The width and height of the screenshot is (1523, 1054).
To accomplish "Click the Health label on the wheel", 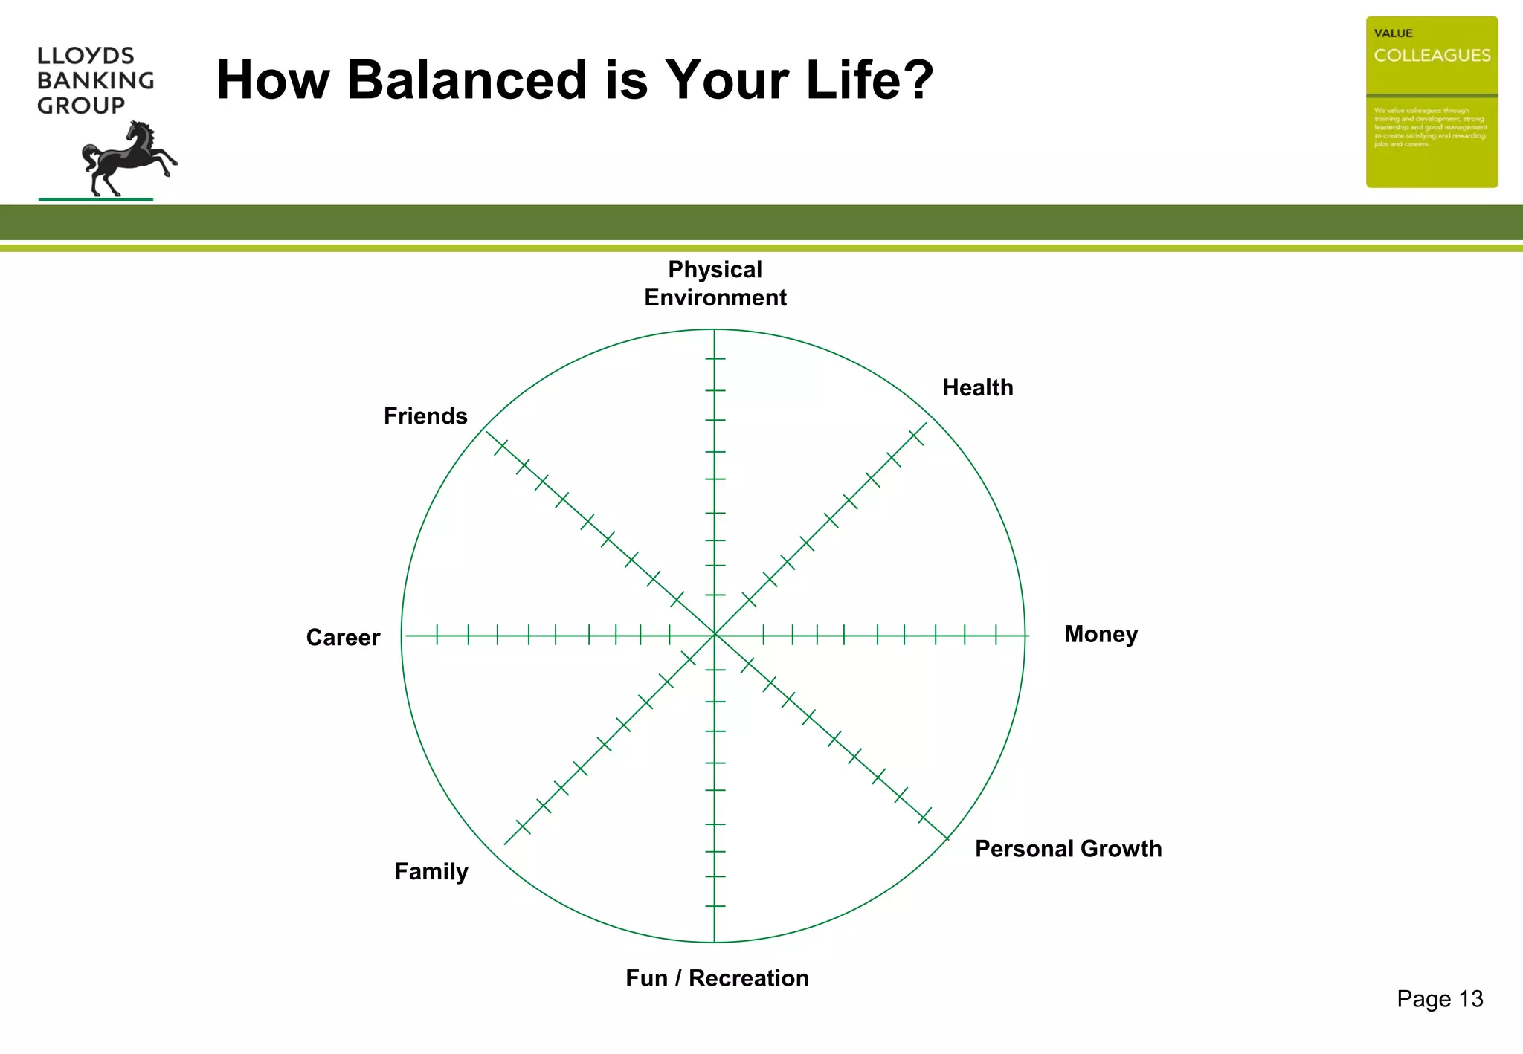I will pyautogui.click(x=977, y=388).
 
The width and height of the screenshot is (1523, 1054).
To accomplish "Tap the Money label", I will pyautogui.click(x=1101, y=634).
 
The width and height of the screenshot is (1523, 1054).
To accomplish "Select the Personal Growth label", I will pyautogui.click(x=1068, y=849).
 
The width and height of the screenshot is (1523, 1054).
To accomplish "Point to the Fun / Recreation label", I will pyautogui.click(x=717, y=978).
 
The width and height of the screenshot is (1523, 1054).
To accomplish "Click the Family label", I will pyautogui.click(x=431, y=871).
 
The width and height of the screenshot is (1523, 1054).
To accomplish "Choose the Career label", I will pyautogui.click(x=343, y=638).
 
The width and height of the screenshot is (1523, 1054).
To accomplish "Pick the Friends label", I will pyautogui.click(x=425, y=416).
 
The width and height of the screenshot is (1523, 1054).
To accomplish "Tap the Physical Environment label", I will pyautogui.click(x=715, y=283).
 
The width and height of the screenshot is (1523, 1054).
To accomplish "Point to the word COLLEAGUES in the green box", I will pyautogui.click(x=1432, y=56).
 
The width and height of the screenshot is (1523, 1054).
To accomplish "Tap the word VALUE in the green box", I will pyautogui.click(x=1393, y=33).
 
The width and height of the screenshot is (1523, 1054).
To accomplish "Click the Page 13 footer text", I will pyautogui.click(x=1439, y=999).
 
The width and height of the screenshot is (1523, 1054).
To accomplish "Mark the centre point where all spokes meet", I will pyautogui.click(x=715, y=636).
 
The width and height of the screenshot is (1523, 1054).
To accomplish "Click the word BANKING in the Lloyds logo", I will pyautogui.click(x=95, y=80).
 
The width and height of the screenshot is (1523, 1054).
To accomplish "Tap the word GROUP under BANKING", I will pyautogui.click(x=81, y=106).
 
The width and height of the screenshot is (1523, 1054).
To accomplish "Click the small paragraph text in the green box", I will pyautogui.click(x=1430, y=127).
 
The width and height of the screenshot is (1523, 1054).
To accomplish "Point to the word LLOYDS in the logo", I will pyautogui.click(x=86, y=56).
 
